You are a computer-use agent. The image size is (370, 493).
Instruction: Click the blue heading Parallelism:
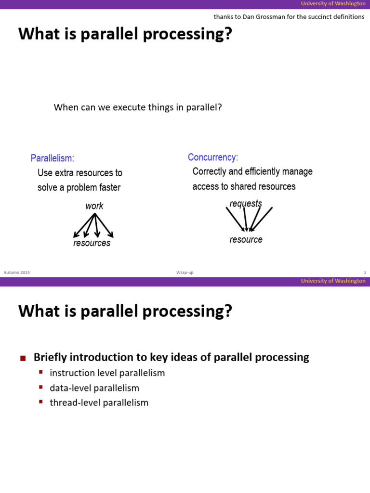click(x=52, y=158)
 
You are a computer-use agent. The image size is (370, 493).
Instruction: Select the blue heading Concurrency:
click(x=212, y=157)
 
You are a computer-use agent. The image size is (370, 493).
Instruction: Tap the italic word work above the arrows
click(x=94, y=206)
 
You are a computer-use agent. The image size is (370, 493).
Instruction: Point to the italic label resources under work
click(x=92, y=243)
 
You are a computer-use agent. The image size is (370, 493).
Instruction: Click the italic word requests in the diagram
click(x=246, y=204)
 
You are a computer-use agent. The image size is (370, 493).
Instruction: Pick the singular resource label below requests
click(x=246, y=240)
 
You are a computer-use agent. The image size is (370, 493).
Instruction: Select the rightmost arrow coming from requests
click(x=262, y=219)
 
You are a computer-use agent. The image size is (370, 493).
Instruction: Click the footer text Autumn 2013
click(x=16, y=272)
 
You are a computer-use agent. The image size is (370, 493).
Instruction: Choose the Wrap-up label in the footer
click(x=185, y=272)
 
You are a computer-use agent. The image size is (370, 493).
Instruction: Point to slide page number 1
click(x=365, y=272)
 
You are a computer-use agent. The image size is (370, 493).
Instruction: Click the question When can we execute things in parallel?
click(x=138, y=107)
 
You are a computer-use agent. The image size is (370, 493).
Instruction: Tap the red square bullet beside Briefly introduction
click(x=23, y=358)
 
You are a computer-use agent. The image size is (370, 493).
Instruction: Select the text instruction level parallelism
click(x=107, y=373)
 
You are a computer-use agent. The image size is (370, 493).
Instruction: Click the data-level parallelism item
click(x=94, y=388)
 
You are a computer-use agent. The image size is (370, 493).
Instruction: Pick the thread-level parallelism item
click(x=99, y=402)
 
